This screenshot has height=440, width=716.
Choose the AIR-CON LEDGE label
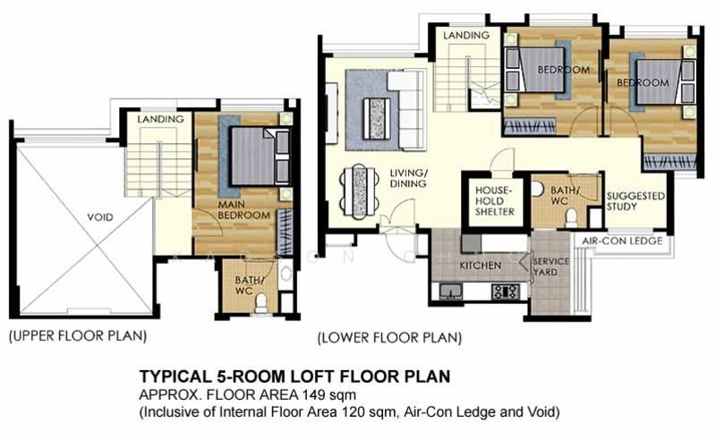tap(622, 241)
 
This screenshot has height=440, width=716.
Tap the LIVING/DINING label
tap(407, 178)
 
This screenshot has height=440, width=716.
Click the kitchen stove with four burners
tap(505, 291)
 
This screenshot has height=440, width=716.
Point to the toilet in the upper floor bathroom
tap(261, 304)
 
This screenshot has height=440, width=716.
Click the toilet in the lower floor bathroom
tap(595, 216)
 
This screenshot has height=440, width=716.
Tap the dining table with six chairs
tap(362, 188)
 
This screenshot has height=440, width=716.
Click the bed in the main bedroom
tap(253, 157)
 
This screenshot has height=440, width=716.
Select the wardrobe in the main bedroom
tap(284, 232)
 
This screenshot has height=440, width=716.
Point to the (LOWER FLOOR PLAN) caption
tap(389, 338)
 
